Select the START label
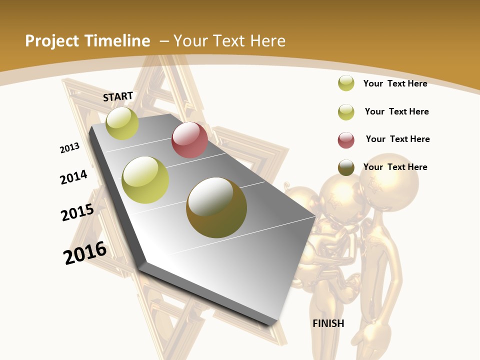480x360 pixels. pyautogui.click(x=118, y=96)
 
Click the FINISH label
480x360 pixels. pyautogui.click(x=328, y=323)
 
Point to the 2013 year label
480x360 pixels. pyautogui.click(x=70, y=147)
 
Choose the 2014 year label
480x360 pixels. pyautogui.click(x=74, y=177)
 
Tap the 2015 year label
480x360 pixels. pyautogui.click(x=77, y=212)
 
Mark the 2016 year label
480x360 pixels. pyautogui.click(x=85, y=253)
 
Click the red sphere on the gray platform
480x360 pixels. pyautogui.click(x=189, y=140)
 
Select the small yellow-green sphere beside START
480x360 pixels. pyautogui.click(x=122, y=123)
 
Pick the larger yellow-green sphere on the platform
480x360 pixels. pyautogui.click(x=145, y=180)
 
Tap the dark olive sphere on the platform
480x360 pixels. pyautogui.click(x=216, y=207)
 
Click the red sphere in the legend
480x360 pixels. pyautogui.click(x=346, y=140)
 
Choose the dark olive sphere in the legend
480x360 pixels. pyautogui.click(x=346, y=167)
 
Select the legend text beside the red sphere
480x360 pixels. pyautogui.click(x=397, y=139)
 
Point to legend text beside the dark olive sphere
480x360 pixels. pyautogui.click(x=395, y=167)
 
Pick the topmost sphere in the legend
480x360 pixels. pyautogui.click(x=346, y=83)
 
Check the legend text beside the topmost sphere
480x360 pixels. pyautogui.click(x=395, y=83)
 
